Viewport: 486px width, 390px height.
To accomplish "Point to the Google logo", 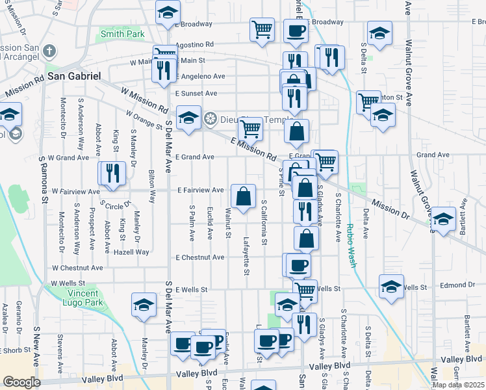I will [x=21, y=382].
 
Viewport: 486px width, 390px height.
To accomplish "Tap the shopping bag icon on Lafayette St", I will [x=244, y=196].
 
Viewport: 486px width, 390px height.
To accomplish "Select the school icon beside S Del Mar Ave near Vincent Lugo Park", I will [x=144, y=305].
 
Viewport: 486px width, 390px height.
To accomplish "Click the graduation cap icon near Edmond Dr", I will [x=392, y=287].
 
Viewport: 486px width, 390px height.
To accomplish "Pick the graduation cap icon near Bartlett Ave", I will [x=444, y=219].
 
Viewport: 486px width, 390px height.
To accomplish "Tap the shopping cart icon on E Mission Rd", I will [x=250, y=129].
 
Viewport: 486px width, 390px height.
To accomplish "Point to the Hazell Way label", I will [x=131, y=252].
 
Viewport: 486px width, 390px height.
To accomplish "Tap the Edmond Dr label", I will [x=457, y=285].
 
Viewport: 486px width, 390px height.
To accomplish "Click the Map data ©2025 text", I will [x=457, y=385].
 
